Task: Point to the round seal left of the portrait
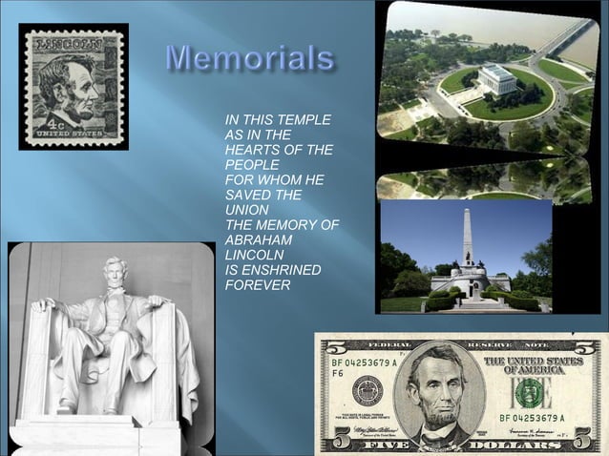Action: click(x=367, y=390)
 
